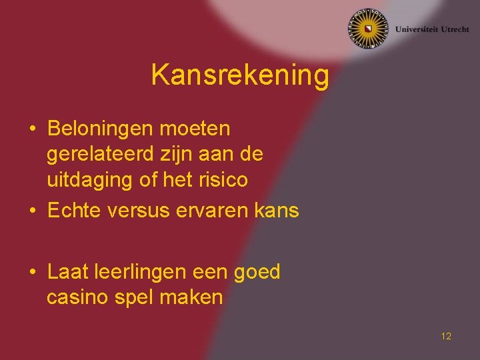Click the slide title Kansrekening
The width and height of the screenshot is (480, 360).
pos(240,75)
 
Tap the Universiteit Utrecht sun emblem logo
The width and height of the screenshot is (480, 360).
pos(367,29)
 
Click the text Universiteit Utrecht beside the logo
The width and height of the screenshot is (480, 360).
pos(432,29)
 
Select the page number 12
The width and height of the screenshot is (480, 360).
pos(446,336)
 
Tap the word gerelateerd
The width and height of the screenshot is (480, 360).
pos(101,154)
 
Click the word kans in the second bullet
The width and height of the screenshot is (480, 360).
pos(277,211)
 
